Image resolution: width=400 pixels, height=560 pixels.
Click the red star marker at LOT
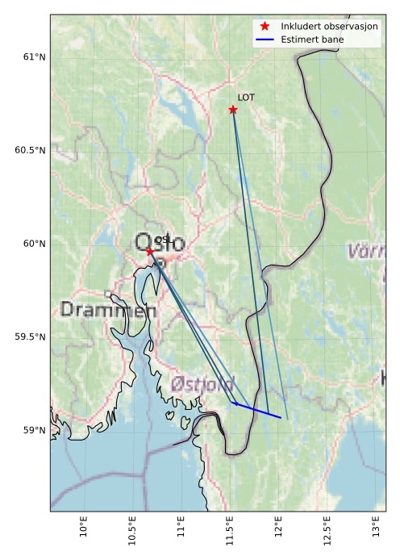tap(233, 110)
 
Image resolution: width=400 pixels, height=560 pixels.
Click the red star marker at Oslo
tap(150, 252)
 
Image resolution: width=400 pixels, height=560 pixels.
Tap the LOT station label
tap(246, 98)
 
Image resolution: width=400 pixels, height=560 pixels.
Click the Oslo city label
tap(160, 243)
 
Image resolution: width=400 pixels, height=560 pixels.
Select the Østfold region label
tap(202, 383)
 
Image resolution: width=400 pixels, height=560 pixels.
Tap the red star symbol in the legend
tap(265, 26)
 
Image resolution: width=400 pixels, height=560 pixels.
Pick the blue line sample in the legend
tap(265, 39)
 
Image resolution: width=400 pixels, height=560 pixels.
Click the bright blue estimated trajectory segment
tap(257, 410)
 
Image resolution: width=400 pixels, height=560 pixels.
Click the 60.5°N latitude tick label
tap(30, 150)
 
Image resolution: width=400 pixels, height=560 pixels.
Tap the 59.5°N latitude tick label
tap(30, 336)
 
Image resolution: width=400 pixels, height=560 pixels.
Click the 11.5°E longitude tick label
tap(230, 529)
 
